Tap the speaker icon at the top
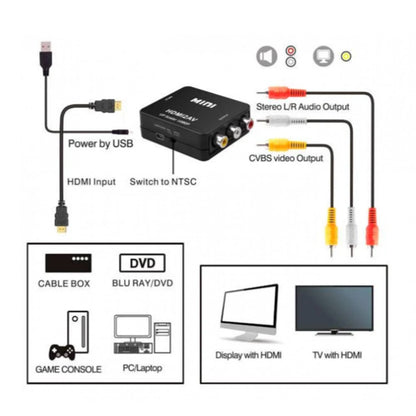(x=267, y=56)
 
